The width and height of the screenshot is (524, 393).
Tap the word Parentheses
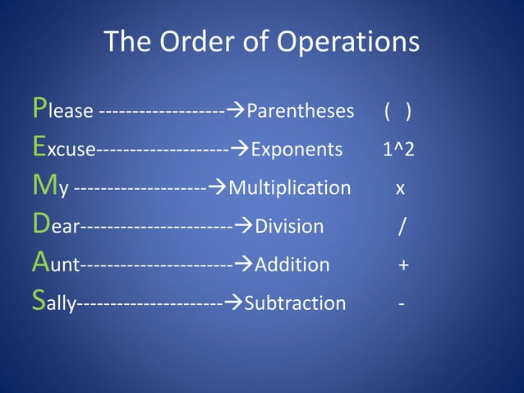tap(301, 111)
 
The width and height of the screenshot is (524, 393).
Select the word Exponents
tap(296, 150)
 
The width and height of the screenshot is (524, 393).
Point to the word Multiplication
tap(289, 188)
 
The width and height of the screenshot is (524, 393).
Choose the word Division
tap(289, 226)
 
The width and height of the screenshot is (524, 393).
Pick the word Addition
tap(292, 265)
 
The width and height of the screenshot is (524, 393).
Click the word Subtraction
tap(296, 303)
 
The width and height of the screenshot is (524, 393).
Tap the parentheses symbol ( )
tap(398, 111)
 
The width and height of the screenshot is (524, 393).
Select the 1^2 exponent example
tap(398, 150)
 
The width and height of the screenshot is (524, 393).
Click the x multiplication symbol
tap(400, 189)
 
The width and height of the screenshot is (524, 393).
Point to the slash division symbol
tap(400, 226)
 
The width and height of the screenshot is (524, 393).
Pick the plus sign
tap(403, 266)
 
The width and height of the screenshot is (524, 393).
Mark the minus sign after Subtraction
tap(401, 304)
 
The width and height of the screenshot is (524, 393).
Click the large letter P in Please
tap(39, 108)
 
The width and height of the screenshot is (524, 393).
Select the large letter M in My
tap(44, 186)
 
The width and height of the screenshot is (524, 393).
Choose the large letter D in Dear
tap(41, 224)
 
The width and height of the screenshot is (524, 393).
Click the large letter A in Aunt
tap(41, 262)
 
